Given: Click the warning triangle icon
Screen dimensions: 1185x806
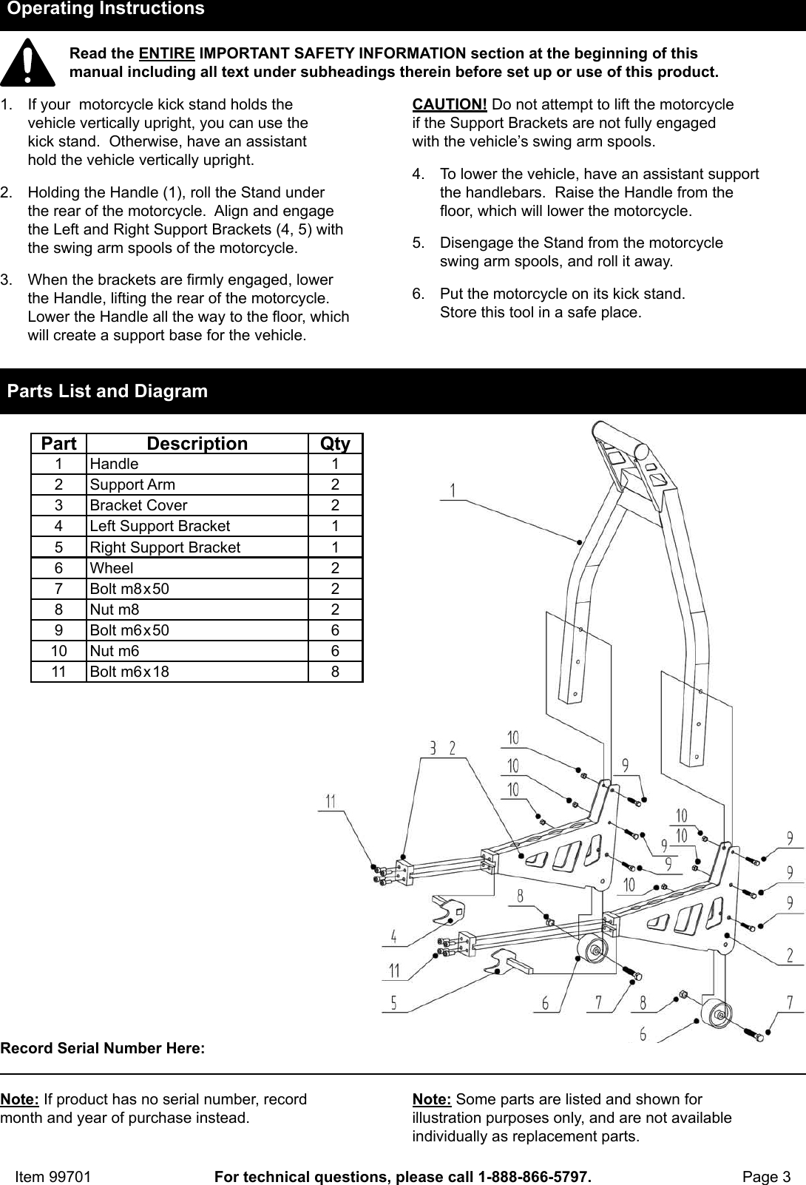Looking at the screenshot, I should tap(27, 63).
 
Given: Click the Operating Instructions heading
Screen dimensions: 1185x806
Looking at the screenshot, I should tap(106, 10).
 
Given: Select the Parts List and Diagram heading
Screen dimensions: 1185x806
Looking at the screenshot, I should tap(108, 391).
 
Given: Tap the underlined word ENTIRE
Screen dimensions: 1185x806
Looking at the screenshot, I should tap(167, 53).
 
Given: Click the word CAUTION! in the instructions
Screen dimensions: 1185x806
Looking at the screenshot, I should tap(450, 104).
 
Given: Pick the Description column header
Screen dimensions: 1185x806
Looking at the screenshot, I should tap(197, 443).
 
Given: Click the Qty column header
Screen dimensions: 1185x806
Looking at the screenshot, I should tap(335, 443).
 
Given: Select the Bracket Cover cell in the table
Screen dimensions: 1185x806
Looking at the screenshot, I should tap(138, 505).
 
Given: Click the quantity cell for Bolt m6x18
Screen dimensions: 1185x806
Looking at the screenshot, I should tap(335, 672).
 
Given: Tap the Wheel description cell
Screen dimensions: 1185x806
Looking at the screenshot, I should tap(112, 568).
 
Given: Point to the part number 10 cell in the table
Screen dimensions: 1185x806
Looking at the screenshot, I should tap(58, 651).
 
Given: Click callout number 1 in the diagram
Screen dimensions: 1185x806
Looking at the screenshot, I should tap(452, 489).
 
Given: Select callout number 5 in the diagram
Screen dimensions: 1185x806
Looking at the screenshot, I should tap(394, 1002).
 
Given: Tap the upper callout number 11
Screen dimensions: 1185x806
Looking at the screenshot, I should tap(331, 800).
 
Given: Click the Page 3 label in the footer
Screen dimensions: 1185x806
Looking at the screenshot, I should tap(766, 1156).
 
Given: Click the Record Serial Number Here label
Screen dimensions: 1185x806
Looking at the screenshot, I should tap(103, 1048).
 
